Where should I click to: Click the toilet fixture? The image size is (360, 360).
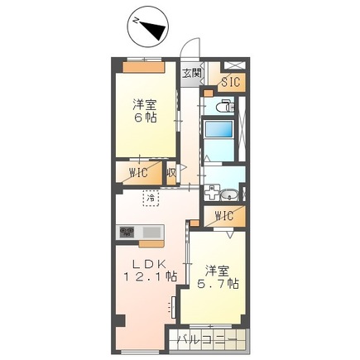(224, 106)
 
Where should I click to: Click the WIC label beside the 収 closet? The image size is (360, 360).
(137, 174)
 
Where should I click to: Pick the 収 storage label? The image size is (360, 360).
(170, 174)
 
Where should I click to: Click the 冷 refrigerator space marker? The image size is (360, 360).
(151, 199)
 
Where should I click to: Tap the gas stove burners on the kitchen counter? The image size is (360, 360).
(127, 233)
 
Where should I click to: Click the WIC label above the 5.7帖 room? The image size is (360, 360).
(223, 217)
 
